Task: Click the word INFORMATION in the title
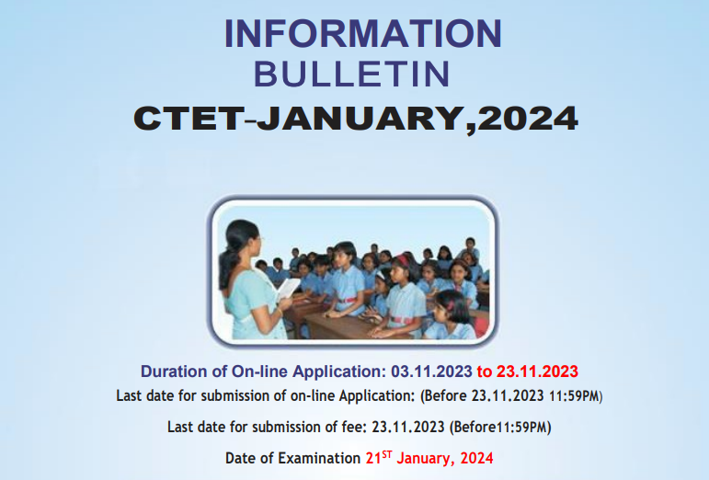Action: [x=363, y=34]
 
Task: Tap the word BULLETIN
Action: [x=351, y=74]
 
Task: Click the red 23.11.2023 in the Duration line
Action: [x=537, y=372]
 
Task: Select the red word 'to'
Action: [x=484, y=372]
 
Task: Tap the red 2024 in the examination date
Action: [x=477, y=458]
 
